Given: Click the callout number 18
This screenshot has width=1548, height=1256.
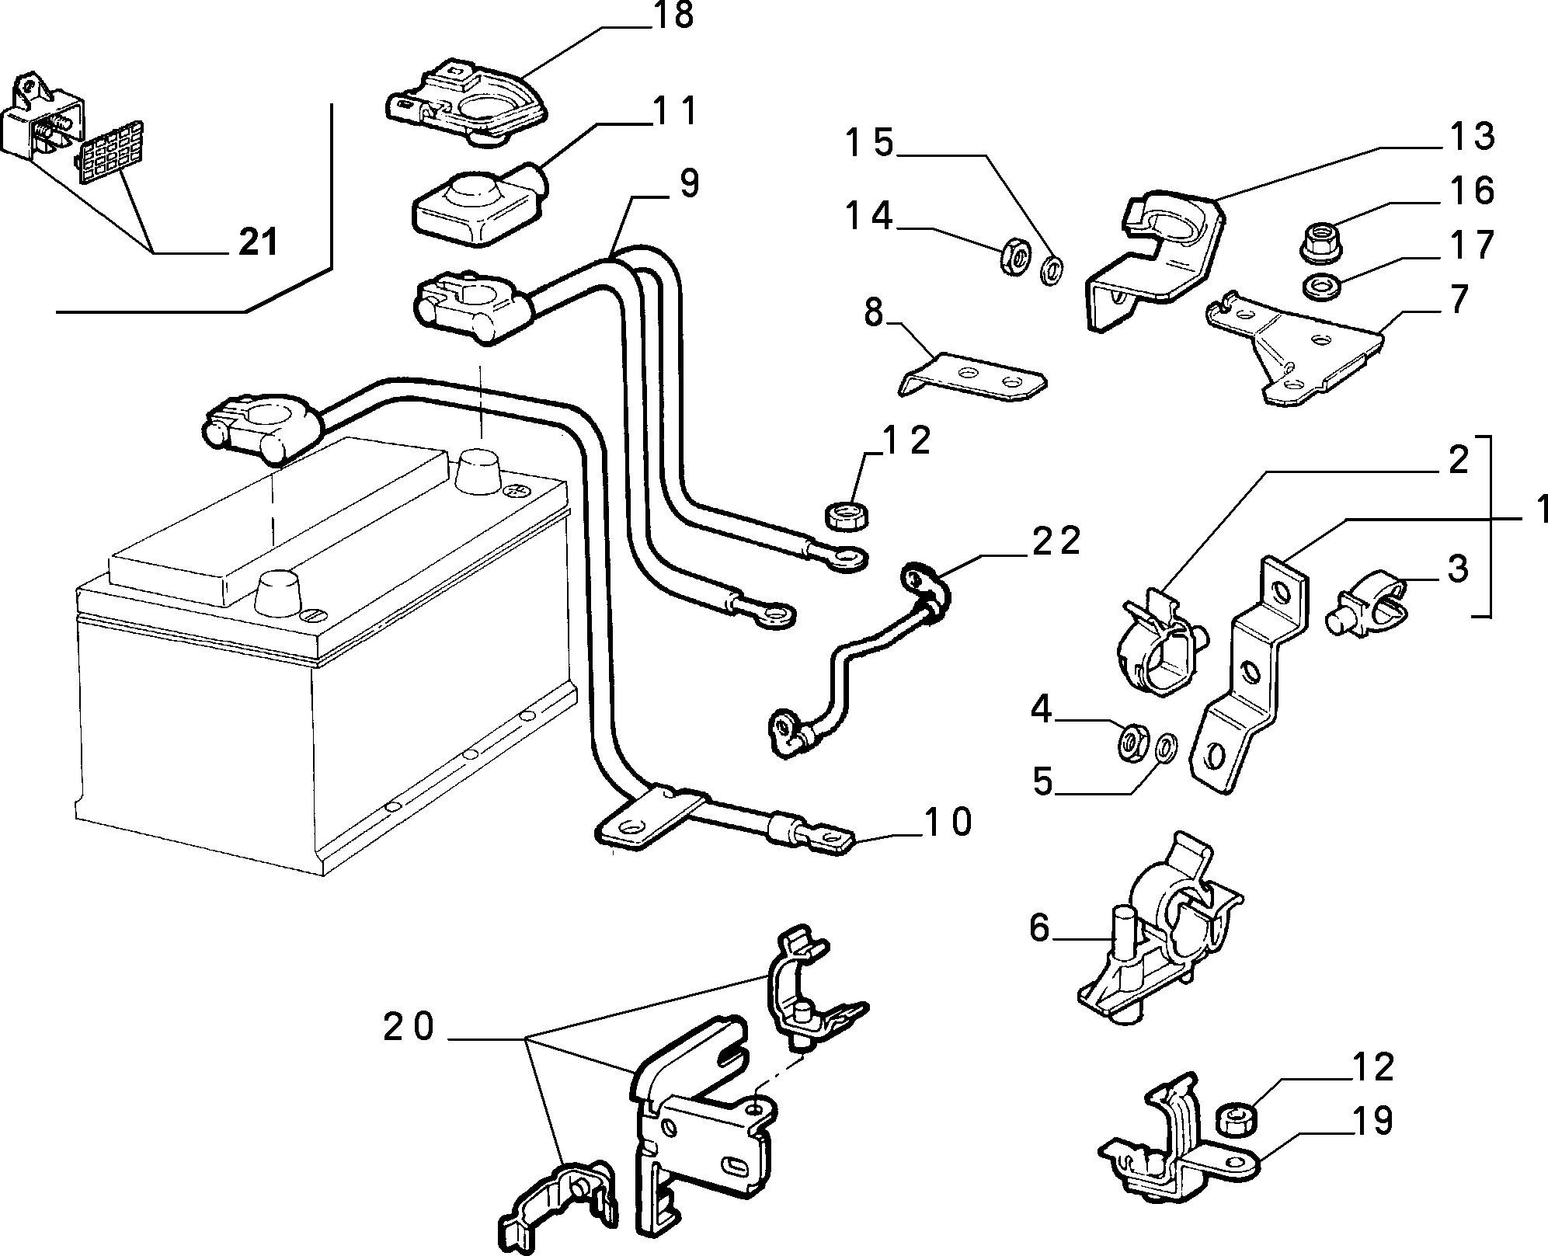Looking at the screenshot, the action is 673,16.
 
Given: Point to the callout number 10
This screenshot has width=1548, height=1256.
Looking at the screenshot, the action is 948,822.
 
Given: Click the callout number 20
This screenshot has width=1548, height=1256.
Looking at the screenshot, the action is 409,1028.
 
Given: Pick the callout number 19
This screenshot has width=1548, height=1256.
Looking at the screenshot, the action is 1372,1121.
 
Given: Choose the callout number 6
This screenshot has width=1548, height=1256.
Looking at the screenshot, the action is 1040,928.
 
